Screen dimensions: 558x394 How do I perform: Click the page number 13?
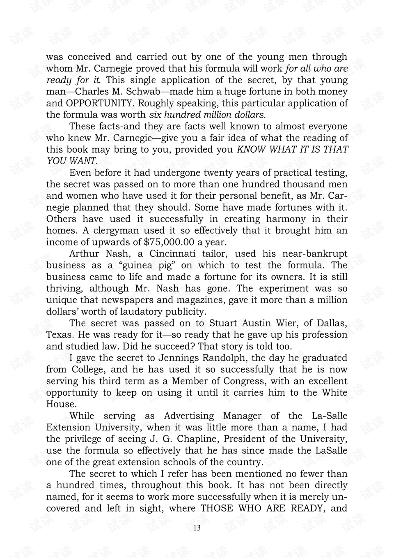coord(197,528)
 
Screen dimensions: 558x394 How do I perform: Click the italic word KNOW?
coord(251,149)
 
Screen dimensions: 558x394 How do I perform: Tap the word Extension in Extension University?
coord(68,427)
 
